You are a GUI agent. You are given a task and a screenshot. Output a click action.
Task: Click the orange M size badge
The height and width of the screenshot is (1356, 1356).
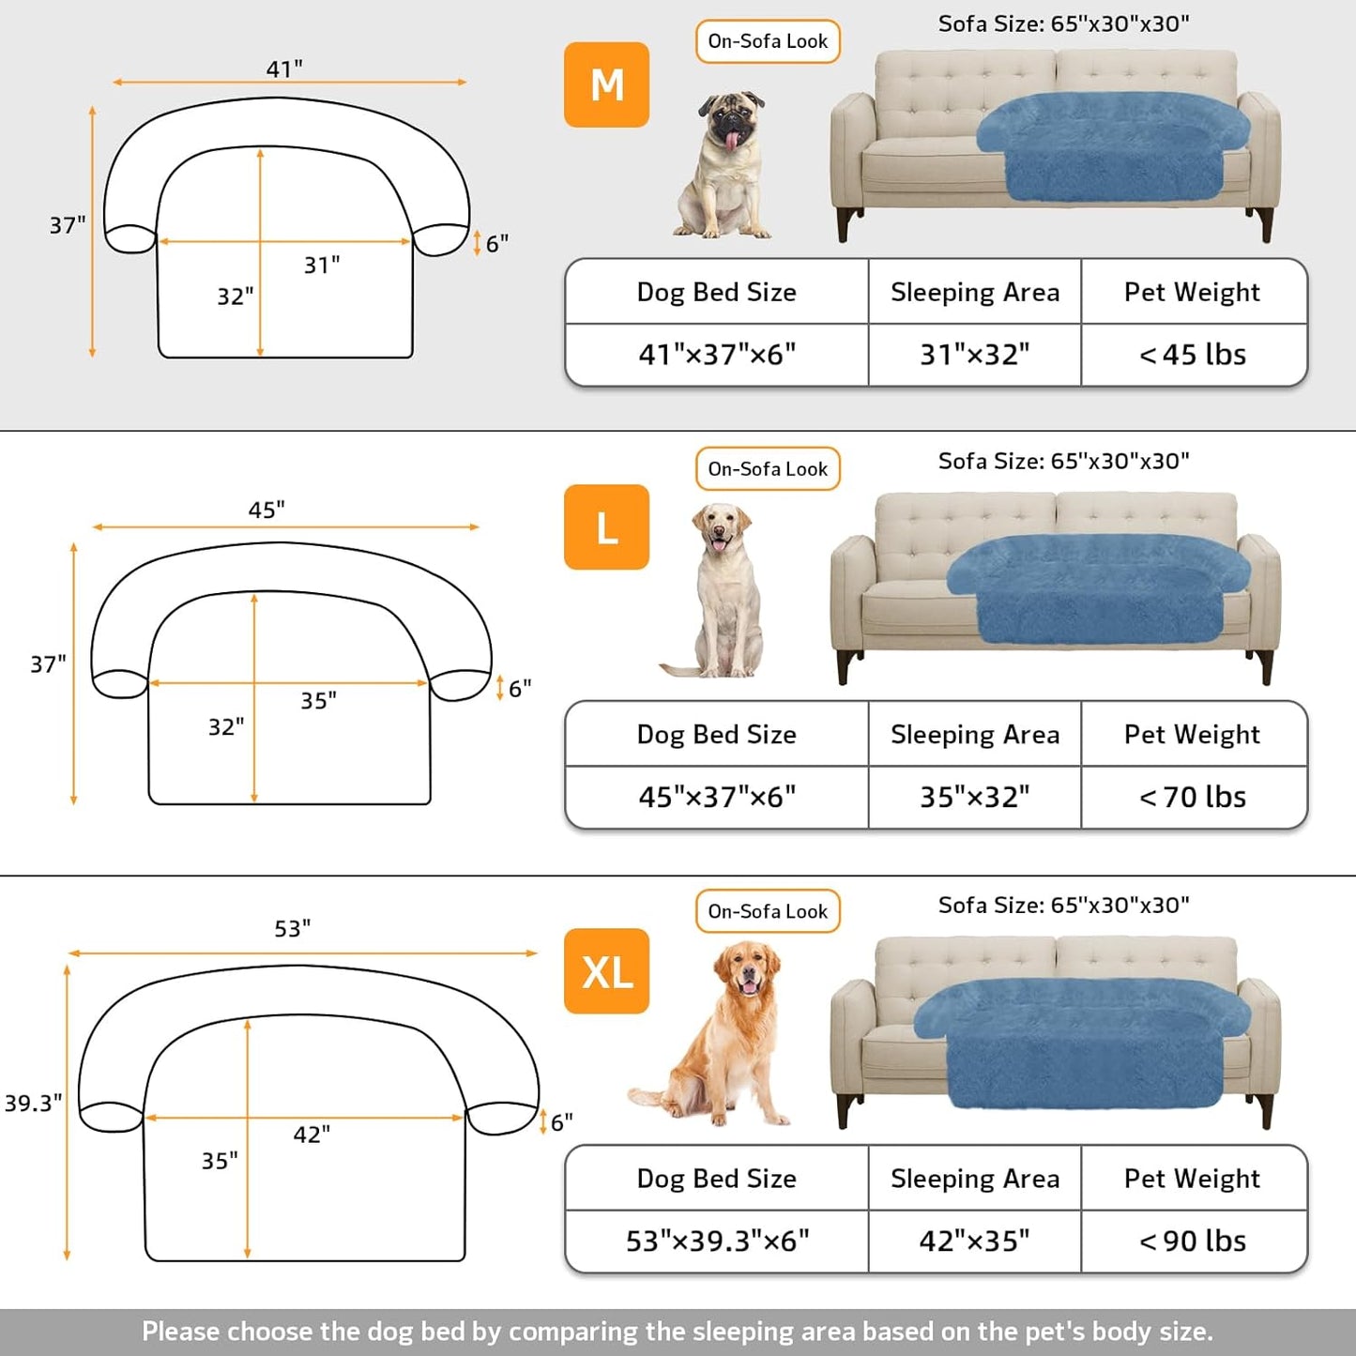(606, 84)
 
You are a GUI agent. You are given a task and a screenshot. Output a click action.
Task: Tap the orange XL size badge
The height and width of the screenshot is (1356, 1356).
(606, 970)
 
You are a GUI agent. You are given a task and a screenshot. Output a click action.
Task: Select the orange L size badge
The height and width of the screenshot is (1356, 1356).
(606, 526)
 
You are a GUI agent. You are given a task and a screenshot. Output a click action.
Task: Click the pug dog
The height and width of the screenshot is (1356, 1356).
(725, 164)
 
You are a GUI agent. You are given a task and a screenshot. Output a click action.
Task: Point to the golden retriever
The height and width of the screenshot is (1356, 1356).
(723, 1032)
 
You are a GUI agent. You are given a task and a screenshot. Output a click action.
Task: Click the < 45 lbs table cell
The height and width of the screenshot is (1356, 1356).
(1193, 355)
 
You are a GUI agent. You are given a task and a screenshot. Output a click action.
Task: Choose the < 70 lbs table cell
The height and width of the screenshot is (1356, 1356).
(1193, 797)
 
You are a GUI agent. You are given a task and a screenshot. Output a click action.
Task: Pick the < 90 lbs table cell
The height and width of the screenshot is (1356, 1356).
(1193, 1241)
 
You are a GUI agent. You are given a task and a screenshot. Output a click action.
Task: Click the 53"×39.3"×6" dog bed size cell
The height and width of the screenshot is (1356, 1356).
(717, 1241)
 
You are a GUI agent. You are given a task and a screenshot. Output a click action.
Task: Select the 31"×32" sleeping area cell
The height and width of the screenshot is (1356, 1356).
(974, 355)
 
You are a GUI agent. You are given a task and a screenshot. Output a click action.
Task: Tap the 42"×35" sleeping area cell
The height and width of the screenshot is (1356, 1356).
(974, 1241)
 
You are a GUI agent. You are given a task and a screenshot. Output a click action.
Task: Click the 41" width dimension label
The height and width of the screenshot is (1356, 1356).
(284, 69)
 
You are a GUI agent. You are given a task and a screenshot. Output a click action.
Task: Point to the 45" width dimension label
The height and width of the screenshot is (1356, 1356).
(267, 510)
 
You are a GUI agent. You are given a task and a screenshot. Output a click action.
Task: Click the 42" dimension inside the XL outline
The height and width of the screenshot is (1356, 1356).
(312, 1135)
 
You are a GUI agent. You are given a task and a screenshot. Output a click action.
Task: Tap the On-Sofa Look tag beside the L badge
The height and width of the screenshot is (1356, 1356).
(768, 468)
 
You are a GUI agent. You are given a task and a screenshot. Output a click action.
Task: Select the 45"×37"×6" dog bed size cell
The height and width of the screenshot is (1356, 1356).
(717, 797)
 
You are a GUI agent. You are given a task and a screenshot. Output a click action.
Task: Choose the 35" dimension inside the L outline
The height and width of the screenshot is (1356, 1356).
(318, 701)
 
